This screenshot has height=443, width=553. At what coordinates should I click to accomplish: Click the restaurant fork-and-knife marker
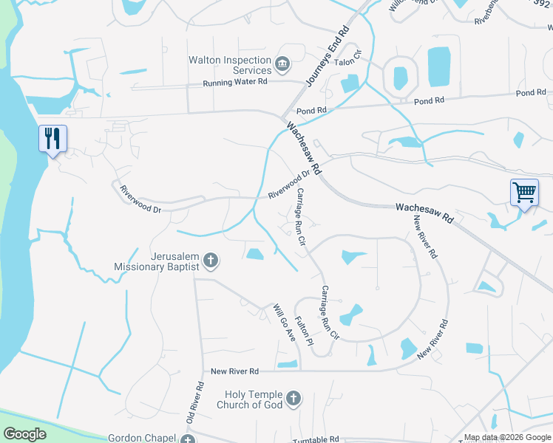52,138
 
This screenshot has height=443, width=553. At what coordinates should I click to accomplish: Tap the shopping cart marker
524,193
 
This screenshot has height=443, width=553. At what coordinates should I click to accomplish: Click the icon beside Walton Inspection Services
282,65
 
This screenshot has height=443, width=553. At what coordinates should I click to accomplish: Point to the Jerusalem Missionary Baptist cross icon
211,260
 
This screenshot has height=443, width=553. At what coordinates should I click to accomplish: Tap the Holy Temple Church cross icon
294,399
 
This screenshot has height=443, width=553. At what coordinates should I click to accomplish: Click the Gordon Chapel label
140,437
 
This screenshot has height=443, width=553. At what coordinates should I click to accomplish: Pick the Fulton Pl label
304,329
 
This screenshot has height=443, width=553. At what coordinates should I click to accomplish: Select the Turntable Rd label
316,439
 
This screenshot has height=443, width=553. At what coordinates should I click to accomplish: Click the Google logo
24,434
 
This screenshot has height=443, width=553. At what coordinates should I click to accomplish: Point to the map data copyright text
507,437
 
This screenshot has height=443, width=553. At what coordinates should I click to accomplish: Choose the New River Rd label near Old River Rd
234,371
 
